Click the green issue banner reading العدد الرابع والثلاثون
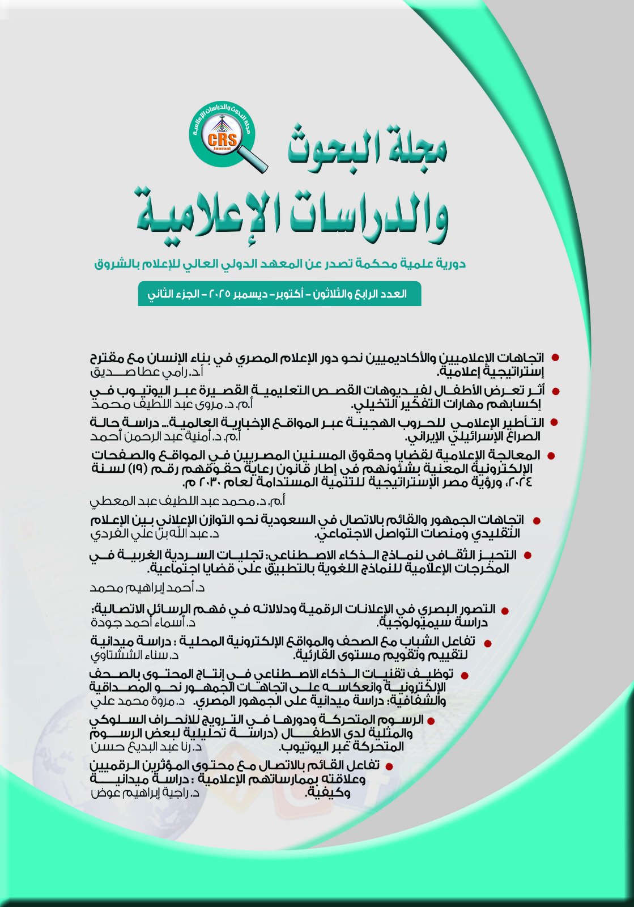click(279, 294)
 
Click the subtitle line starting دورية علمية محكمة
click(280, 264)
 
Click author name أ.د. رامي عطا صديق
click(147, 372)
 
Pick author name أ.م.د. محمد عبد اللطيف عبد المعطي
click(188, 501)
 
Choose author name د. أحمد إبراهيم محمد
click(147, 588)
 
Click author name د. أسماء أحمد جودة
click(143, 622)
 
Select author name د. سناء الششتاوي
click(135, 655)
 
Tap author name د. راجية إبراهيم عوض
click(145, 792)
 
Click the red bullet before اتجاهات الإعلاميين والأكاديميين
click(556, 358)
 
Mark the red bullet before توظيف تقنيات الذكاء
click(465, 675)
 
